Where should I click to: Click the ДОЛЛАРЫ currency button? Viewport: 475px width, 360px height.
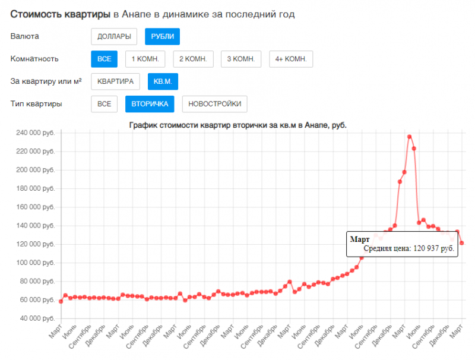coord(114,37)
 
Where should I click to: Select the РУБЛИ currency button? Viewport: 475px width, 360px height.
coord(162,37)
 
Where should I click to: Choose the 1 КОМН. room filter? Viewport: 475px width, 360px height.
coord(145,59)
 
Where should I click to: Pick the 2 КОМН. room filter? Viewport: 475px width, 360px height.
coord(192,59)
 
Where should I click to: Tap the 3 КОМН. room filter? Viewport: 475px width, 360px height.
coord(240,59)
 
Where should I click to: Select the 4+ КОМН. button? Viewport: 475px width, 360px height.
coord(290,59)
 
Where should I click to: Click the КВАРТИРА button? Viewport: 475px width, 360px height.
coord(116,81)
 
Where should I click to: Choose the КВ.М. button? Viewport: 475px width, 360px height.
coord(162,81)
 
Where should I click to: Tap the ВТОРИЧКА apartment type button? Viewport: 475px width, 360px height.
coord(150,104)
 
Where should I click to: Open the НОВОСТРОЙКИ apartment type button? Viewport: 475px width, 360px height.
coord(214,104)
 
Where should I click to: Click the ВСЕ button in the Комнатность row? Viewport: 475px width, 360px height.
coord(104,59)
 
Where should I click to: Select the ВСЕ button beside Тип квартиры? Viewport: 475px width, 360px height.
coord(104,104)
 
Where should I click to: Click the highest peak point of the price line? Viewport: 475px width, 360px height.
coord(409,137)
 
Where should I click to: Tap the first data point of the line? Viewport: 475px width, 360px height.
coord(61,301)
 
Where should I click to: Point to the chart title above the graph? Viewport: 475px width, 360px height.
coord(237,125)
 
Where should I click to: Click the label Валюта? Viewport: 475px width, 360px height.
coord(25,37)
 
